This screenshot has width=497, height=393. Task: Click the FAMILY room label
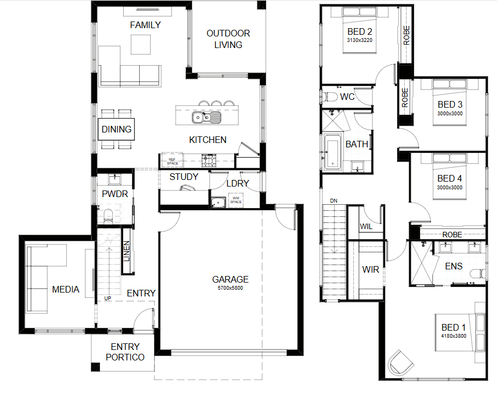(x=145, y=25)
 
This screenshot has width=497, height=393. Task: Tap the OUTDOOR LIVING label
(x=228, y=39)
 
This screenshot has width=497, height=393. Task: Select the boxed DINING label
(x=117, y=129)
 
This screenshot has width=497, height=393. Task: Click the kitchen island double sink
(x=207, y=117)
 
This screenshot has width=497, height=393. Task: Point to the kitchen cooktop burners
(x=209, y=161)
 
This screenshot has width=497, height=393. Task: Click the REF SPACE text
(x=172, y=161)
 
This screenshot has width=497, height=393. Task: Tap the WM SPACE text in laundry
(x=236, y=200)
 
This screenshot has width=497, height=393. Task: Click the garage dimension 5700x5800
(x=230, y=288)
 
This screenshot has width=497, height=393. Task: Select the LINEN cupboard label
(x=127, y=251)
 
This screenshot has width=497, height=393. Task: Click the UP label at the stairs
(x=108, y=298)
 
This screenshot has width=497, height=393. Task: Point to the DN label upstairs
(x=334, y=200)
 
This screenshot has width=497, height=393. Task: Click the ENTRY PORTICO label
(x=125, y=352)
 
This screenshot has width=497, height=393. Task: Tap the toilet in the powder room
(x=108, y=216)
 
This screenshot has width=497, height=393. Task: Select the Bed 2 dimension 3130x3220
(x=359, y=40)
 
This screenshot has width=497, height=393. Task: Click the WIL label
(x=366, y=226)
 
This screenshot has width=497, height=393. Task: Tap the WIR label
(x=371, y=269)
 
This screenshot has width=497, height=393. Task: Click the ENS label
(x=454, y=266)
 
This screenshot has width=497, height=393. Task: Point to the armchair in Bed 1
(x=400, y=363)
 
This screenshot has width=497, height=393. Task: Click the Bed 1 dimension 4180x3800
(x=453, y=336)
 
